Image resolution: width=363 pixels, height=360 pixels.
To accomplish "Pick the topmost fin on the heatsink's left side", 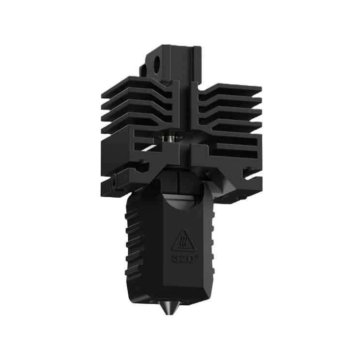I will [x=138, y=82].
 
